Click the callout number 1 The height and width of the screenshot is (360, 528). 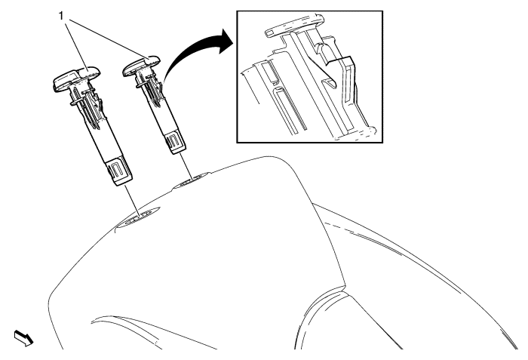click(x=61, y=16)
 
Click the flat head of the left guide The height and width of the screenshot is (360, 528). click(x=77, y=78)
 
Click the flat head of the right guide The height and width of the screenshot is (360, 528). click(x=142, y=65)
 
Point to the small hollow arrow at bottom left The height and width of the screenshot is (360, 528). click(x=23, y=338)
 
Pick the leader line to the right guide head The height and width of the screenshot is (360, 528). click(x=108, y=38)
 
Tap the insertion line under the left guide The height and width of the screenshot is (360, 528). click(x=132, y=201)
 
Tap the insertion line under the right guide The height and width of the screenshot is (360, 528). click(x=186, y=166)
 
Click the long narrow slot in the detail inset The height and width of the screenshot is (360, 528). click(x=290, y=109)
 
